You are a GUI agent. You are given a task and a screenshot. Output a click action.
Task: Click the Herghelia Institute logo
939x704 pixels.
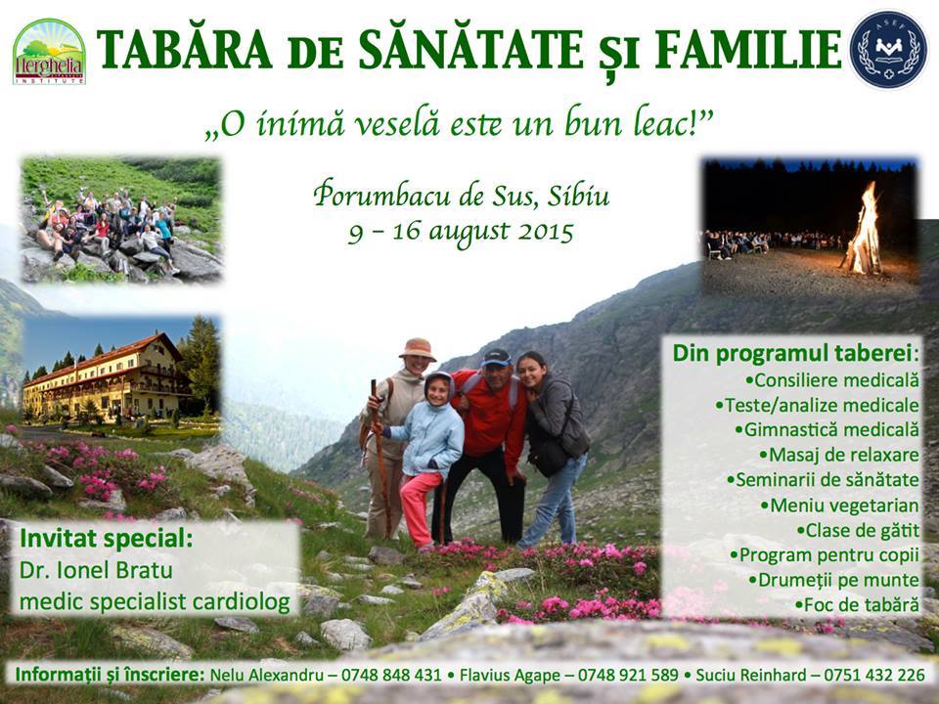pyautogui.click(x=49, y=52)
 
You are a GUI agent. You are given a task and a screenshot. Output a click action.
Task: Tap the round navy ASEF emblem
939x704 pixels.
pyautogui.click(x=889, y=50)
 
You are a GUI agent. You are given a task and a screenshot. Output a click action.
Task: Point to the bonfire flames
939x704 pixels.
pyautogui.click(x=864, y=231)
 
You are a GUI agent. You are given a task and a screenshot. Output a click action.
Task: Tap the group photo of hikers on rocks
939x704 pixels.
pyautogui.click(x=121, y=220)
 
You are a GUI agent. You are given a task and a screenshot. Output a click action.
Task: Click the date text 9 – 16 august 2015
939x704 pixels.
pyautogui.click(x=461, y=233)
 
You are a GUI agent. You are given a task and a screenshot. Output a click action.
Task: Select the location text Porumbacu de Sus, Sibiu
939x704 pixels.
pyautogui.click(x=461, y=196)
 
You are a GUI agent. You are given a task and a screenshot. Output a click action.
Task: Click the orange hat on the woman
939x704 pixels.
pyautogui.click(x=418, y=349)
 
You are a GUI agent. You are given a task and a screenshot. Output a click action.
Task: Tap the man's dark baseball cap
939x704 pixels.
pyautogui.click(x=497, y=358)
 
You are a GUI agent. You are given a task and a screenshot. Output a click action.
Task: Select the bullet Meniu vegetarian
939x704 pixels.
pyautogui.click(x=839, y=506)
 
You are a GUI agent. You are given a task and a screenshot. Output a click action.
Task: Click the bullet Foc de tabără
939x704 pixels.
pyautogui.click(x=857, y=604)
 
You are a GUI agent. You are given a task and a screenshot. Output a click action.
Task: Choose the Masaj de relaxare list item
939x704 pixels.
pyautogui.click(x=839, y=455)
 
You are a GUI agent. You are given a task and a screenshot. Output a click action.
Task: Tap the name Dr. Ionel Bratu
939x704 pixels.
pyautogui.click(x=96, y=570)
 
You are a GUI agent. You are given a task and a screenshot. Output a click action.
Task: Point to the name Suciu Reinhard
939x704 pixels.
pyautogui.click(x=751, y=676)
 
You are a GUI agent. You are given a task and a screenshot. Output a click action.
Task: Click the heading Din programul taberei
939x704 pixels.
pyautogui.click(x=796, y=353)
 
